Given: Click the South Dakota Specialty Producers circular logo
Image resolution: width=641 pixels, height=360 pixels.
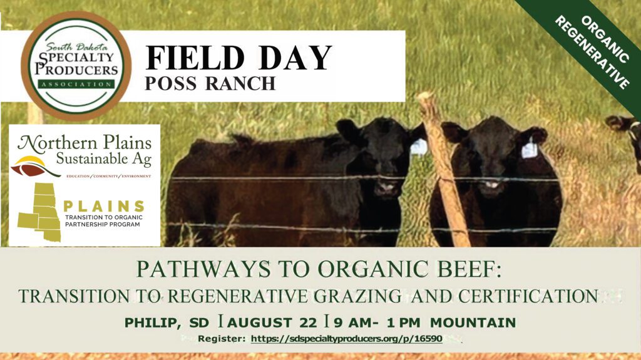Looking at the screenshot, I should tap(76, 65).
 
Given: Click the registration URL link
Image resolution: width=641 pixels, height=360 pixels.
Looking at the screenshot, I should tap(347, 339).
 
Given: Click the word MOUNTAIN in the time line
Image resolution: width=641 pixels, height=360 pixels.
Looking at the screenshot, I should tap(474, 323).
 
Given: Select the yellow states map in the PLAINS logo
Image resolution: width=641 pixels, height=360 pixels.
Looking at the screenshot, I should tap(39, 213).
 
